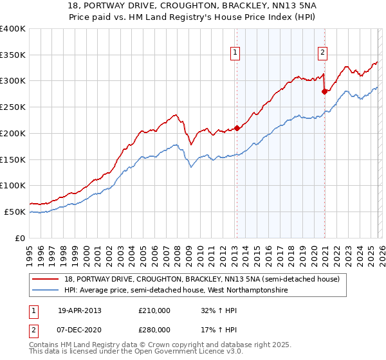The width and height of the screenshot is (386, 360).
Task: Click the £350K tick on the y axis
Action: point(13,55)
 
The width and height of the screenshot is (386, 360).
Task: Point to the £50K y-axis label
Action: point(15,212)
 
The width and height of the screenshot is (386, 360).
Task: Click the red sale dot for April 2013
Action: point(237,128)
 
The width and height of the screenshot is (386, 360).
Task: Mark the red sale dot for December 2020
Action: point(324,91)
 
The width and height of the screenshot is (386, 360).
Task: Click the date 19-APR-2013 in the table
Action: point(80,310)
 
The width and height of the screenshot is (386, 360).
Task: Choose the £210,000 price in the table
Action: point(154,310)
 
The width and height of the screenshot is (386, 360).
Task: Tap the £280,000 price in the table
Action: point(154,329)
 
